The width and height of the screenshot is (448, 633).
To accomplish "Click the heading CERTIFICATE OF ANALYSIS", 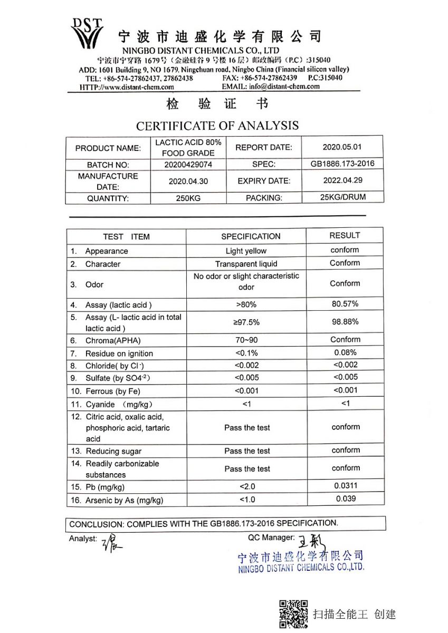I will click(217, 126).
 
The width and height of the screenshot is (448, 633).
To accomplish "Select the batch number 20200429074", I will click(188, 165).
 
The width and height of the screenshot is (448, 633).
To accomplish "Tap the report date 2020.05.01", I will click(342, 147).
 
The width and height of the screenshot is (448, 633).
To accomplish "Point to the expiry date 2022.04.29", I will click(342, 180).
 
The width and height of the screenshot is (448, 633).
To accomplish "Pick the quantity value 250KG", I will click(188, 198).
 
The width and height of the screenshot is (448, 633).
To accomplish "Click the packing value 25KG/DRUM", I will click(342, 197).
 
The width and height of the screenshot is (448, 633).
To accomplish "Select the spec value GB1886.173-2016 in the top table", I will click(342, 164).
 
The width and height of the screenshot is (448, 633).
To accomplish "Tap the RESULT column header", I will click(345, 235).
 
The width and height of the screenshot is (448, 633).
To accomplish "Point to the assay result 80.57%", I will click(345, 304).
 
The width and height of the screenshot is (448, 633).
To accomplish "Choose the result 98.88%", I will click(345, 321).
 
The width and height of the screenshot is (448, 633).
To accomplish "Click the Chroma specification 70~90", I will click(246, 340).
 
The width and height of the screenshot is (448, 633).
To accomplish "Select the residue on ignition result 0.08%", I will click(345, 352).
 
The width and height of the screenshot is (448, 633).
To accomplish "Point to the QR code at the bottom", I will click(293, 614).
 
